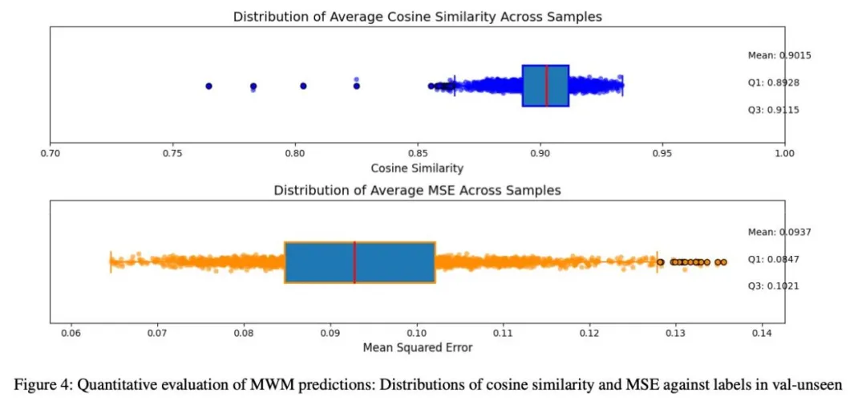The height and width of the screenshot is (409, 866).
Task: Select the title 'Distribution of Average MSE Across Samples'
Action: click(x=417, y=190)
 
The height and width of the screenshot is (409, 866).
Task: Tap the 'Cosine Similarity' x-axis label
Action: click(x=417, y=168)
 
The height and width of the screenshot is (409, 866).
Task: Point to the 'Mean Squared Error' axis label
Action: click(x=417, y=347)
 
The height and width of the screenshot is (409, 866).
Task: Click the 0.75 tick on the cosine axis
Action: click(x=172, y=152)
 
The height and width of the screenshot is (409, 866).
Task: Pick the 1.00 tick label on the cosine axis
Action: click(x=784, y=152)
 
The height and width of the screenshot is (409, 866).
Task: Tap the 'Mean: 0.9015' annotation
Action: click(x=773, y=55)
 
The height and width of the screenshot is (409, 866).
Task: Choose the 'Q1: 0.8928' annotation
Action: click(x=773, y=83)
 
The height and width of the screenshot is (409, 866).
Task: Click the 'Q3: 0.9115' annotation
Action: click(x=773, y=110)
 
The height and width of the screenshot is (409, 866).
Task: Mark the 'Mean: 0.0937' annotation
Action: click(x=773, y=232)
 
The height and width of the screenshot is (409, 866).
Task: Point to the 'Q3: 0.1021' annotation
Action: click(x=773, y=286)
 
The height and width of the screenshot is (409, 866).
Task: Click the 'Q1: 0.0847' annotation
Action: click(x=773, y=259)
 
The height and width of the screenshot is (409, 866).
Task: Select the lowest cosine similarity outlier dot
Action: click(x=208, y=86)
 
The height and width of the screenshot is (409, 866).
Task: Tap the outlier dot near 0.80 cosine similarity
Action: click(x=303, y=86)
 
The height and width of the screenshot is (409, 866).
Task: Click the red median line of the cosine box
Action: click(x=546, y=86)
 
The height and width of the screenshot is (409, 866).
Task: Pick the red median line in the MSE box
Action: click(x=354, y=262)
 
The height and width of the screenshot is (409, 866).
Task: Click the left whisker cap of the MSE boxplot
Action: click(x=111, y=262)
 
